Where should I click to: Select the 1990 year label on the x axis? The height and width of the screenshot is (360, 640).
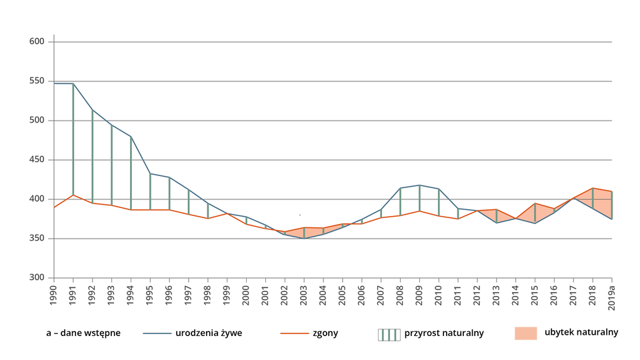[x=54, y=295]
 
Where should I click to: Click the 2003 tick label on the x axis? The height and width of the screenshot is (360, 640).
[x=304, y=295]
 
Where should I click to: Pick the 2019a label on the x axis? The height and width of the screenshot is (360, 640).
[x=612, y=296]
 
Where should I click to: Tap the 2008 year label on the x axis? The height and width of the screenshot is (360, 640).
[x=400, y=295]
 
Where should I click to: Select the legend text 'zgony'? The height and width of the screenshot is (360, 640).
[x=325, y=333]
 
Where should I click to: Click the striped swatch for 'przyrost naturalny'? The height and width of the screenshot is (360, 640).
[x=389, y=333]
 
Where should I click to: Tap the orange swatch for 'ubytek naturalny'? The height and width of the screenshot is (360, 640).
[x=525, y=333]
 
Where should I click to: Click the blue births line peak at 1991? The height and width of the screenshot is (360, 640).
[x=73, y=84]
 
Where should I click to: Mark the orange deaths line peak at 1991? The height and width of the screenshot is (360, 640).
[x=73, y=195]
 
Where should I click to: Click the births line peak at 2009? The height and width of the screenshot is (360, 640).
[x=419, y=185]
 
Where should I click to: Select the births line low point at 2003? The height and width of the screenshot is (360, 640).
[x=304, y=239]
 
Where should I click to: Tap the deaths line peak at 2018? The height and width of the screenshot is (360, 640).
[x=593, y=188]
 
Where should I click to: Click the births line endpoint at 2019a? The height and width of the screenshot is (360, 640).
[x=612, y=219]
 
